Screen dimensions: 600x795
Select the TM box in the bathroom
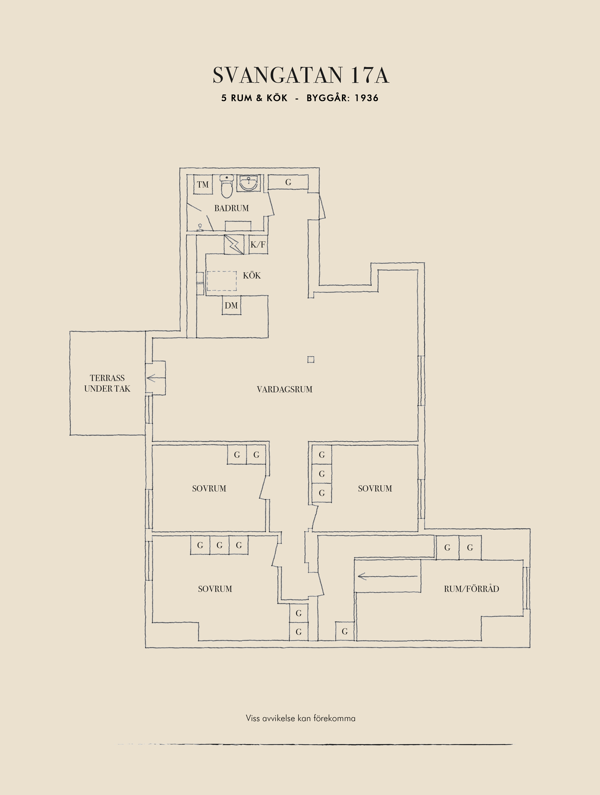(203, 184)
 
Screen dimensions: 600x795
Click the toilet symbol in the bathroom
(226, 187)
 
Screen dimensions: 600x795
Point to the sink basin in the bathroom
(248, 183)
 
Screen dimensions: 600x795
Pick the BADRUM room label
(232, 208)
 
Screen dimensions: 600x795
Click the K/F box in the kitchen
(258, 244)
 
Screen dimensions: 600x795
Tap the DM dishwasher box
(231, 305)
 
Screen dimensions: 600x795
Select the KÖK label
(252, 275)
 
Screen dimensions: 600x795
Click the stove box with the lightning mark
(234, 244)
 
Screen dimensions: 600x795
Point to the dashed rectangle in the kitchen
(221, 281)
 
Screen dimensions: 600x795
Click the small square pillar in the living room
(311, 359)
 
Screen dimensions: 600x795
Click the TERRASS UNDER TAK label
(107, 383)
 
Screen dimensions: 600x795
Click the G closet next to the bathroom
(288, 182)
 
